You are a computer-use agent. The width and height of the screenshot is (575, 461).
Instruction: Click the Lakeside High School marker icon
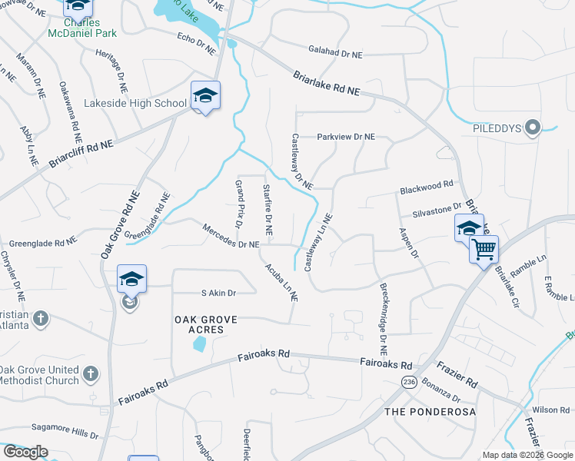coord(205,96)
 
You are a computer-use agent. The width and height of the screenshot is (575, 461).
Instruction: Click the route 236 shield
coord(408,382)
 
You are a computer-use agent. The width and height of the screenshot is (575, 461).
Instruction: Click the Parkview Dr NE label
coord(346,137)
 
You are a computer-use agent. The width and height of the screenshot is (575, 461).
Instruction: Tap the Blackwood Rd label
coord(426,187)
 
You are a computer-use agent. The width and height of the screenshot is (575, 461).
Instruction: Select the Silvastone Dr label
coord(436,208)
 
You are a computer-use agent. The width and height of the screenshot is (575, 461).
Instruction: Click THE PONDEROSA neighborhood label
coord(430,412)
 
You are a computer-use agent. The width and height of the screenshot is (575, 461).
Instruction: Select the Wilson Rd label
coord(550,410)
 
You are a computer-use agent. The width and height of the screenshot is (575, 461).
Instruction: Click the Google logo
coord(25,452)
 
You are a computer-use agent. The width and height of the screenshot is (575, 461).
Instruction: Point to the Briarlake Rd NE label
coord(326,82)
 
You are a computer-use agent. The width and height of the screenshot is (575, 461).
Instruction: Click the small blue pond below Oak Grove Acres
coord(199,344)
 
